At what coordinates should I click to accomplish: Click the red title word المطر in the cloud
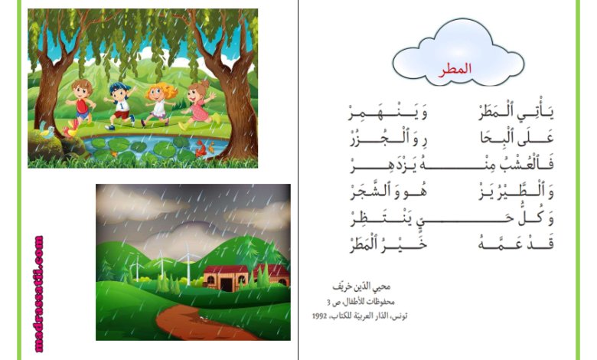(455, 69)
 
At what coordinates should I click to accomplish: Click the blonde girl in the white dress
(159, 103)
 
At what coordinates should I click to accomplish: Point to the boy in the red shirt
(80, 102)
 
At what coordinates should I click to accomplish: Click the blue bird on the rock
(47, 131)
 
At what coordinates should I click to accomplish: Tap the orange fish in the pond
(201, 148)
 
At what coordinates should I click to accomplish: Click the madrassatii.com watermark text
(39, 293)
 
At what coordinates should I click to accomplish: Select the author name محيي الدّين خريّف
(361, 286)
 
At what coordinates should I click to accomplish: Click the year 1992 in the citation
(319, 316)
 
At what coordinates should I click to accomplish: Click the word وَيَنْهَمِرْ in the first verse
(387, 113)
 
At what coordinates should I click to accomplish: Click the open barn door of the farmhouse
(227, 284)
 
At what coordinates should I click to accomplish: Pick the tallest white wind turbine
(188, 263)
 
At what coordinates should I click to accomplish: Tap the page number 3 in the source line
(328, 303)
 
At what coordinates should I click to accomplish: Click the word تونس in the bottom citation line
(400, 316)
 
